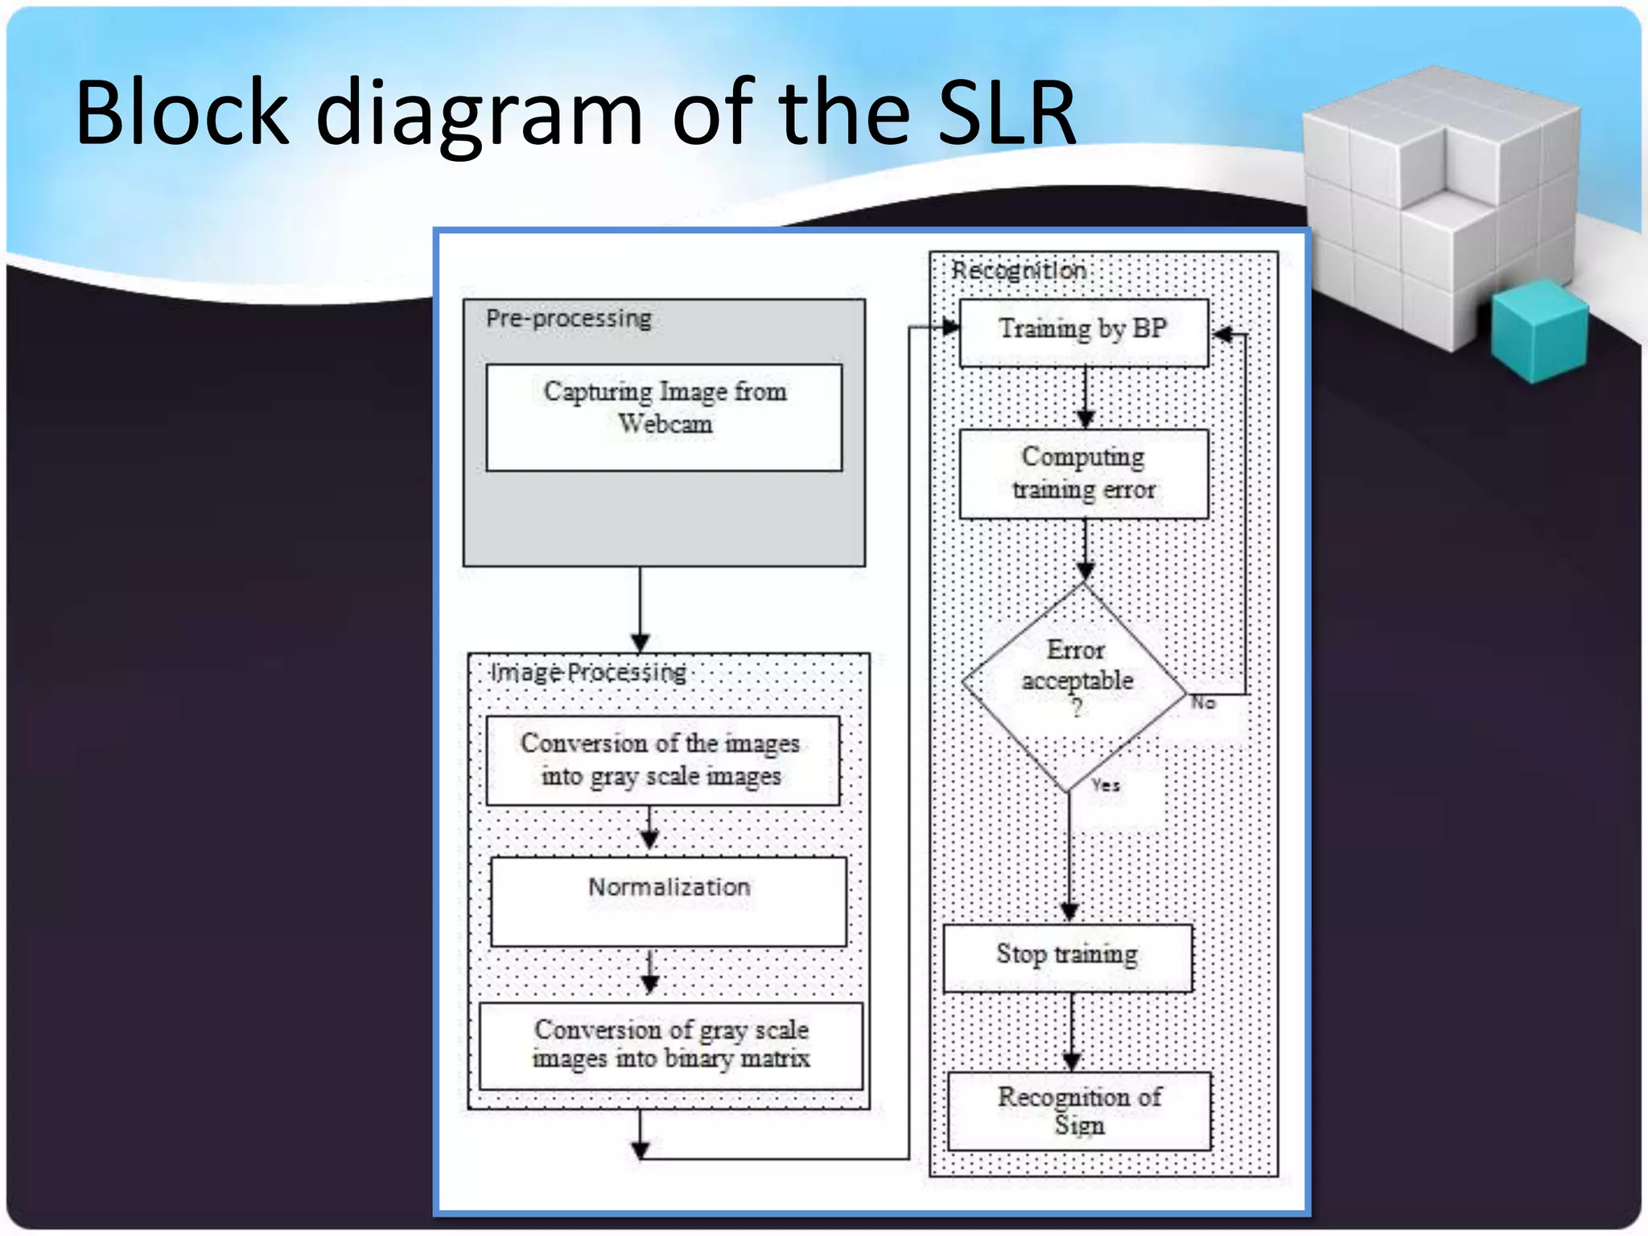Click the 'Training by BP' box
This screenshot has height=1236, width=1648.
[x=1083, y=332]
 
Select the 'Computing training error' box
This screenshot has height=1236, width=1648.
[x=1083, y=473]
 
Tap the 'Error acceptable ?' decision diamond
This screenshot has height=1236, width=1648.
[x=1075, y=684]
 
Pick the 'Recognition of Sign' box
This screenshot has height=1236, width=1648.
[x=1079, y=1110]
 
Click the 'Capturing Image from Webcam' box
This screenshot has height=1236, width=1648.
[x=664, y=417]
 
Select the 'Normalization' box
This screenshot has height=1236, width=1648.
[x=669, y=901]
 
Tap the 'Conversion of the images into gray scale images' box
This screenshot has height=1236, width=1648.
[x=662, y=760]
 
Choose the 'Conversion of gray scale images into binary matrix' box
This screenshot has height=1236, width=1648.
[x=670, y=1044]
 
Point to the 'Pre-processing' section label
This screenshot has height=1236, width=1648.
[x=568, y=319]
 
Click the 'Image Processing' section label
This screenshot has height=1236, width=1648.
[x=588, y=672]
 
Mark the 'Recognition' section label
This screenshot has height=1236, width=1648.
[x=1018, y=270]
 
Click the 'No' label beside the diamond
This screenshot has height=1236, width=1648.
[x=1203, y=702]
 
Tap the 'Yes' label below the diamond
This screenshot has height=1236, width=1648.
[x=1106, y=785]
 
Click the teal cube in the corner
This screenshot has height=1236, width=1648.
[x=1539, y=330]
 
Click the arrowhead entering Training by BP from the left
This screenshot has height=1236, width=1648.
[x=950, y=327]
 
